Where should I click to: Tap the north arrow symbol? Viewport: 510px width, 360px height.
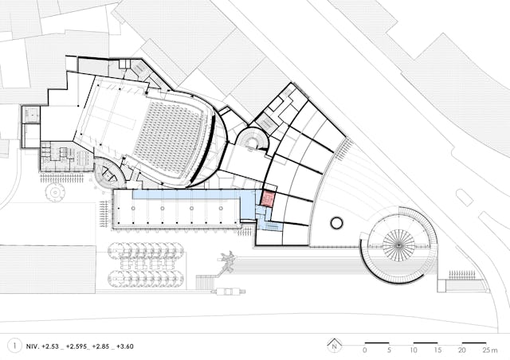pos(334,346)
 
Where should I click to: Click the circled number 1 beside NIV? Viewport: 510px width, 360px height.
pos(14,346)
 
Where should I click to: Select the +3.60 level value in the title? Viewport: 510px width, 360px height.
pos(125,346)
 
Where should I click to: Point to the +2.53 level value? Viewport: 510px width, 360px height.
pos(50,346)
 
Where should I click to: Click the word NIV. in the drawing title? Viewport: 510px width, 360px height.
pos(32,346)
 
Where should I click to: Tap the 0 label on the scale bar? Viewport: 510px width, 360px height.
pos(365,350)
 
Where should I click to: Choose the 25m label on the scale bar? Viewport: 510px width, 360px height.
pos(490,350)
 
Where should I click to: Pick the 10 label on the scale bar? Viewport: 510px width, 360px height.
pos(414,350)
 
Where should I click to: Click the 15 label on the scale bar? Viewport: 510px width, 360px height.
pos(437,350)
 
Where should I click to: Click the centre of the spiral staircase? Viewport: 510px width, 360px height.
pos(398,245)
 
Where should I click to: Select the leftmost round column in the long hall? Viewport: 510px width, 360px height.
pos(133,208)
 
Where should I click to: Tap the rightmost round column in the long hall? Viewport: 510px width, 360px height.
pos(221,208)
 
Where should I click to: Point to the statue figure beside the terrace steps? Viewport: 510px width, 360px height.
pos(228,261)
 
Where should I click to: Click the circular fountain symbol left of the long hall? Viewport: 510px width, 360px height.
pos(55,193)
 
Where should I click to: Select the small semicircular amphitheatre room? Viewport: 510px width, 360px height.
pos(252,139)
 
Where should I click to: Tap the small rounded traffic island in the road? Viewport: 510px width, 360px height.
pos(464,198)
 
